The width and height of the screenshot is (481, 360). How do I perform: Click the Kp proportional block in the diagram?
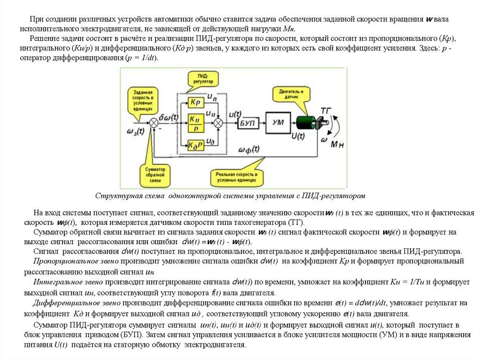point(196,102)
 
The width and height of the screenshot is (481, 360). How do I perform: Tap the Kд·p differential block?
point(196,144)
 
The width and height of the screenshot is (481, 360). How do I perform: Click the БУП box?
point(247,123)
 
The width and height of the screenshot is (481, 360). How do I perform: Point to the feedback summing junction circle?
point(154,123)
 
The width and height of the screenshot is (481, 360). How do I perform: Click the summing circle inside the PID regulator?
point(218,123)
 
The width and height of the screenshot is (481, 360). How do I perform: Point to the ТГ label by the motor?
point(326,111)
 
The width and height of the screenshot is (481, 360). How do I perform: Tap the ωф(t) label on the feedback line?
point(249,150)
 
